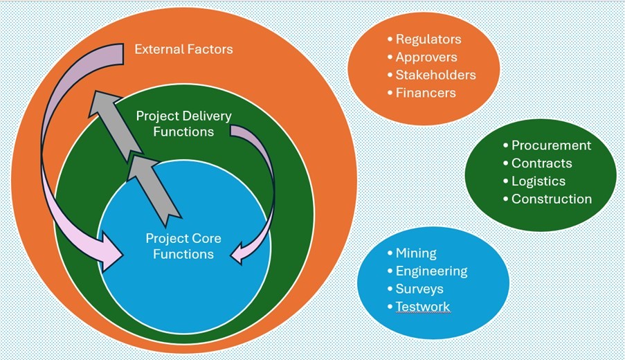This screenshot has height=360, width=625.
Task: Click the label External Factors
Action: pos(183,49)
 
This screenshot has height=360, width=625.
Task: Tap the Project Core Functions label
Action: pos(183,246)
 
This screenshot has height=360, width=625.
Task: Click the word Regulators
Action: pos(428,39)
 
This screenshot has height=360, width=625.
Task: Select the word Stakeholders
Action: pos(435,75)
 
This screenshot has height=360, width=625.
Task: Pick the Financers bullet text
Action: pos(426,92)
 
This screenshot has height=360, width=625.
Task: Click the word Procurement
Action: pos(551,145)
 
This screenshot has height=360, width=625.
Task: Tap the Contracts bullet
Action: pos(541,163)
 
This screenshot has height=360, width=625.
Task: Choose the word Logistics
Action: pos(538,181)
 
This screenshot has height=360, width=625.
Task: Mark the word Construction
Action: pos(551,199)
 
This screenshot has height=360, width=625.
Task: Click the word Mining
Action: pos(416,253)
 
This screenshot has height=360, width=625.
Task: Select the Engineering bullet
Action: pos(431,271)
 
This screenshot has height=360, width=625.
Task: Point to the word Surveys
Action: pos(419,289)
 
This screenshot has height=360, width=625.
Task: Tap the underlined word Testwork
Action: pos(422,307)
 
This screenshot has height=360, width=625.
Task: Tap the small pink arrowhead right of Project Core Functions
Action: pos(239,253)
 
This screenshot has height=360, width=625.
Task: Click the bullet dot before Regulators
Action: pos(390,39)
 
